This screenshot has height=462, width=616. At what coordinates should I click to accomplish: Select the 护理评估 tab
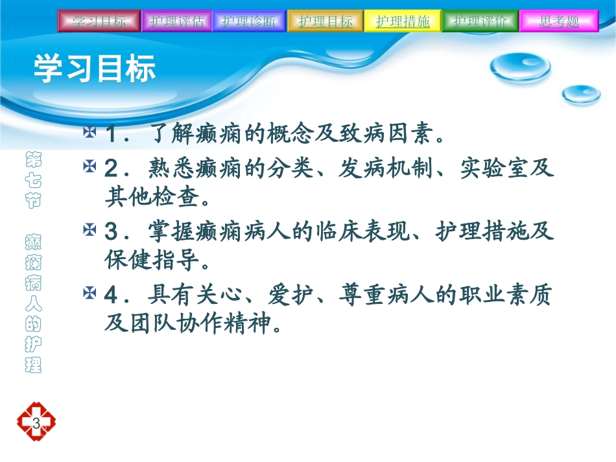point(176,21)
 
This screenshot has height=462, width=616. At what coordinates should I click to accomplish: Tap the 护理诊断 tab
point(248,21)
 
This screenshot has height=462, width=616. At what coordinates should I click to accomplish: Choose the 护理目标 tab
point(325,21)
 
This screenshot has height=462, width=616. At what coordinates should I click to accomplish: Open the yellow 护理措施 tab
point(403,21)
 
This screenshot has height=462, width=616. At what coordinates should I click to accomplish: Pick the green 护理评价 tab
point(480,21)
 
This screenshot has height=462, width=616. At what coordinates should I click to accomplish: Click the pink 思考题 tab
point(559,21)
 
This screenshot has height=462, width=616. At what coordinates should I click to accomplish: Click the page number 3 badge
point(36,424)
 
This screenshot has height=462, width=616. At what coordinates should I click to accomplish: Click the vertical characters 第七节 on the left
point(32,178)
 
